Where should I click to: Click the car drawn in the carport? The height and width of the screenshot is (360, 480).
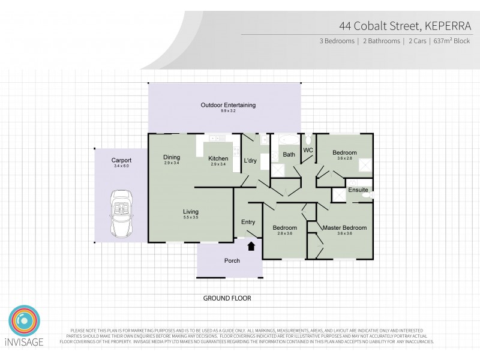tap(122, 214)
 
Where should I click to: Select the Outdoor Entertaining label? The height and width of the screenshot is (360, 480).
tap(228, 106)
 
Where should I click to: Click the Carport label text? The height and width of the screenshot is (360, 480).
tap(121, 160)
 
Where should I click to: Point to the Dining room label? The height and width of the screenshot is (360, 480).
tap(172, 158)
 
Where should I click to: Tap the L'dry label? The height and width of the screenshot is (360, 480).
tap(250, 160)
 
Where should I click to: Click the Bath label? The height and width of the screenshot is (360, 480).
tap(289, 155)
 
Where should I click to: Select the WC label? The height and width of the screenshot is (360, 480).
tap(308, 149)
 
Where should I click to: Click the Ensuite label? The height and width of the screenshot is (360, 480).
tap(358, 190)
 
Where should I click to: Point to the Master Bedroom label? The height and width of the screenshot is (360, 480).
tap(344, 228)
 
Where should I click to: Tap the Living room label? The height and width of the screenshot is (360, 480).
tap(191, 211)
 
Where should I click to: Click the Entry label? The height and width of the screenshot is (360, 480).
tap(248, 222)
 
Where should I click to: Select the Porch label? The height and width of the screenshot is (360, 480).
tap(232, 261)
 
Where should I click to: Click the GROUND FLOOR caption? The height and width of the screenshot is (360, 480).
tap(227, 298)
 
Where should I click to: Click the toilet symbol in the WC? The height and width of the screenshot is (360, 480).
tap(308, 139)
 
